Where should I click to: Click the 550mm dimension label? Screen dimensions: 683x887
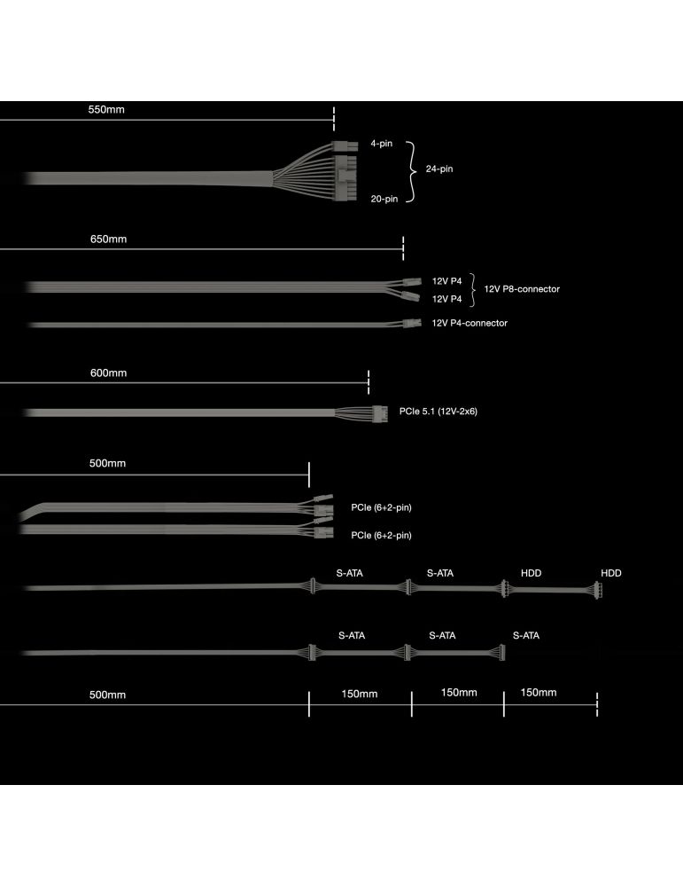click(x=106, y=110)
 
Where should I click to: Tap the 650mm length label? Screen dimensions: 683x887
click(x=108, y=239)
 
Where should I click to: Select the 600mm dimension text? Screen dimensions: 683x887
click(x=108, y=373)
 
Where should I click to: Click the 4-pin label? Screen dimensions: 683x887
click(x=381, y=144)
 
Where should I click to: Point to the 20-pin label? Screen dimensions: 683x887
click(x=384, y=199)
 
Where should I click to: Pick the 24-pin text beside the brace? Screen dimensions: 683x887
click(x=439, y=169)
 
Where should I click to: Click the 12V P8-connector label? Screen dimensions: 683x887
click(x=522, y=289)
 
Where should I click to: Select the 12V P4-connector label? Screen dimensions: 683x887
click(x=470, y=323)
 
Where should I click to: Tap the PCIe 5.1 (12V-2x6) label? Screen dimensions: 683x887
click(x=438, y=412)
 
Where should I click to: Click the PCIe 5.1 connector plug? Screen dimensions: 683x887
click(x=380, y=413)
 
